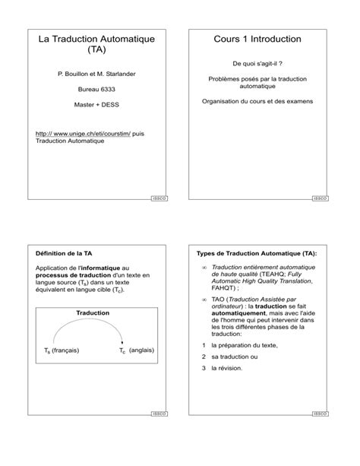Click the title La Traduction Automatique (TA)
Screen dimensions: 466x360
(96, 44)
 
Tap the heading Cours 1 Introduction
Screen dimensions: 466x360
(258, 39)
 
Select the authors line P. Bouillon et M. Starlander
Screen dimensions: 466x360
(96, 74)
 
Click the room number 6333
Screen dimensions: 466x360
(107, 88)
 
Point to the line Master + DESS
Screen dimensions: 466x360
(96, 103)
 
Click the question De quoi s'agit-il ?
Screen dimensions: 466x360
(258, 64)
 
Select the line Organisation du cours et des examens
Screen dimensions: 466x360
(258, 101)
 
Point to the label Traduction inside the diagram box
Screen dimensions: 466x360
(93, 312)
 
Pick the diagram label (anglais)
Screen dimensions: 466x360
(142, 350)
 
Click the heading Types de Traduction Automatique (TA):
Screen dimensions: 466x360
(257, 252)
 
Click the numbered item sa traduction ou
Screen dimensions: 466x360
(235, 357)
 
